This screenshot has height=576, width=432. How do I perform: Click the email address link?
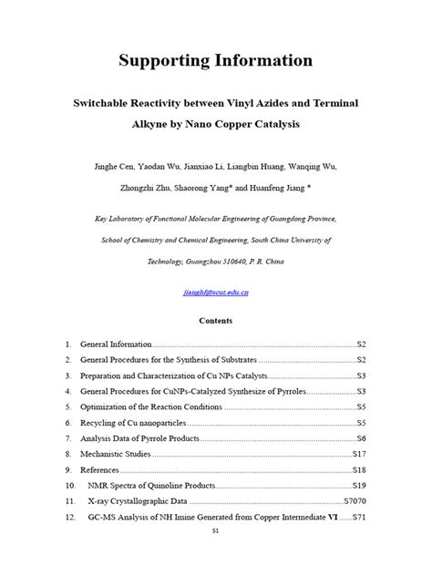(x=216, y=292)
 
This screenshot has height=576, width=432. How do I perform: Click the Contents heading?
(x=216, y=321)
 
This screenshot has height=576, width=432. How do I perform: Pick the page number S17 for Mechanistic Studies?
(x=359, y=453)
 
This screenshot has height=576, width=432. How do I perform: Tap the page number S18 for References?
(x=359, y=469)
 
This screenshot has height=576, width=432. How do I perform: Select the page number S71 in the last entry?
(x=359, y=518)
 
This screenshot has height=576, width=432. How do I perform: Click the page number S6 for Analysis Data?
(x=361, y=438)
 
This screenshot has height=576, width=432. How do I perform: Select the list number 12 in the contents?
(x=68, y=518)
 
